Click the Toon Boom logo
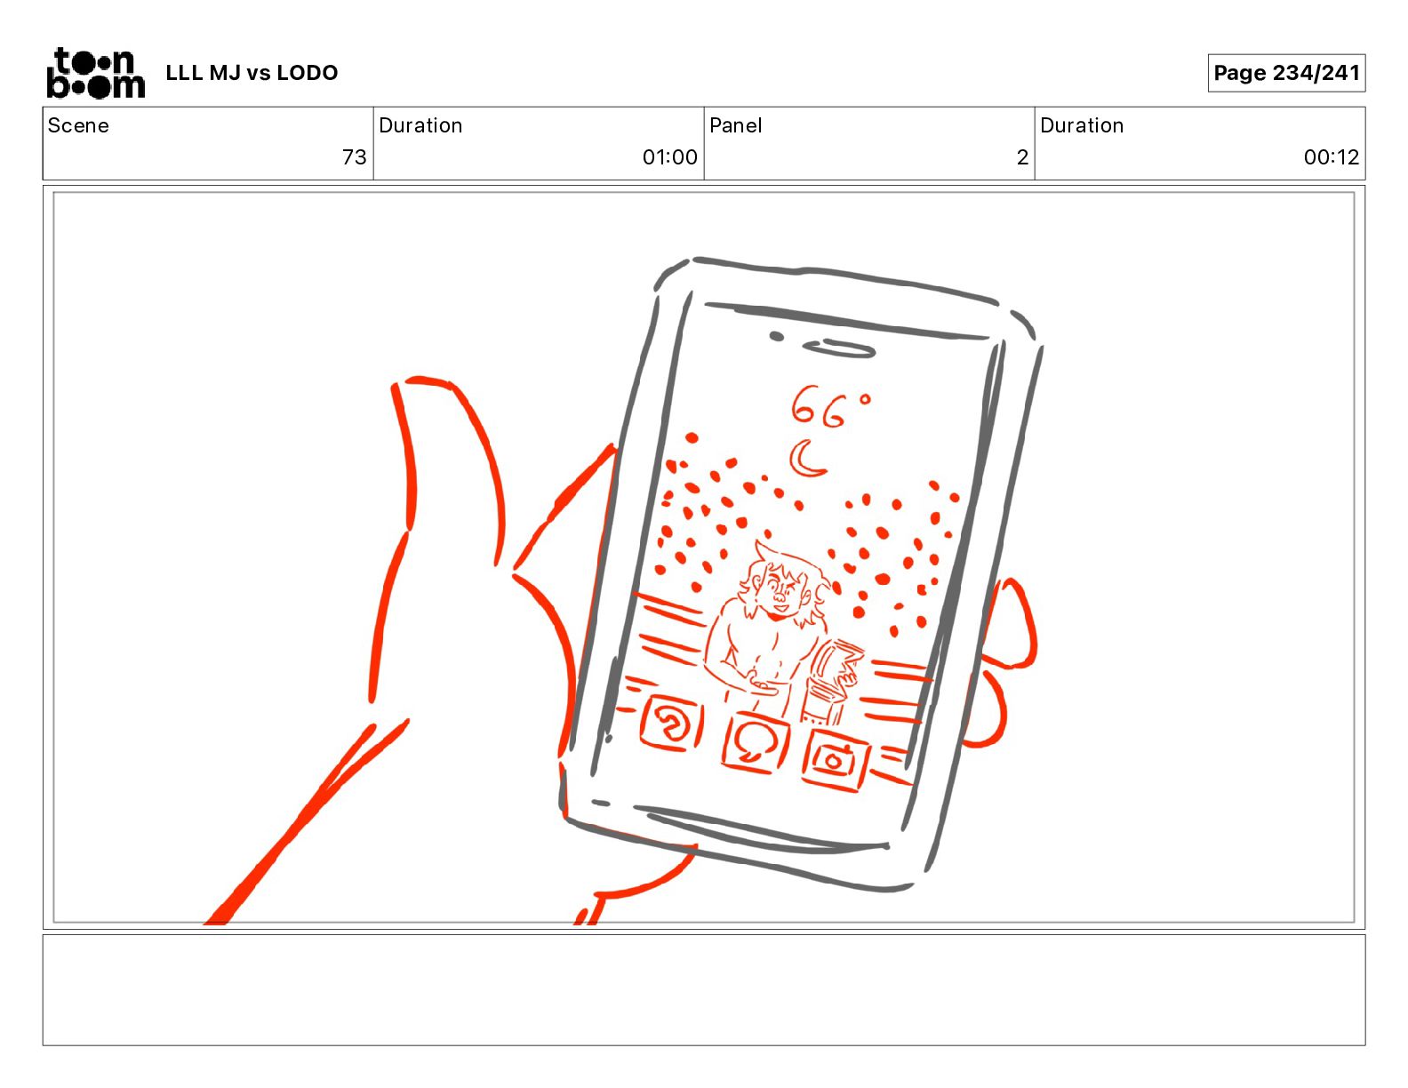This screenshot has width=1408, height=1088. click(x=96, y=73)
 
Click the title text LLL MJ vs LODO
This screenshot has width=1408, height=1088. click(x=252, y=73)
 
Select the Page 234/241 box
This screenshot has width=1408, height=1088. click(x=1286, y=73)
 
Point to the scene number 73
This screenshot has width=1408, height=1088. click(x=355, y=156)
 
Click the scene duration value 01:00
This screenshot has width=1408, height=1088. click(x=670, y=156)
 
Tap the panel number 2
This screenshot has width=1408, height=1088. click(x=1022, y=156)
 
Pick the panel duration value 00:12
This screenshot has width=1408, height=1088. click(x=1332, y=156)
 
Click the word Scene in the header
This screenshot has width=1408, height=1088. click(x=78, y=125)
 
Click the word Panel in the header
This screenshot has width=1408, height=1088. click(x=735, y=125)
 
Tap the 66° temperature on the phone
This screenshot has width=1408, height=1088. click(x=830, y=408)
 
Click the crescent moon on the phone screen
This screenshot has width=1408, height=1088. click(x=805, y=458)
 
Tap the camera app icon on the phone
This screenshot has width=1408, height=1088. click(x=835, y=759)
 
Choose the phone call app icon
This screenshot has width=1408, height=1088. click(x=671, y=724)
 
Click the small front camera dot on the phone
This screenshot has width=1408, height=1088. click(x=776, y=336)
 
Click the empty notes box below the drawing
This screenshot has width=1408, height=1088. click(x=704, y=989)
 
